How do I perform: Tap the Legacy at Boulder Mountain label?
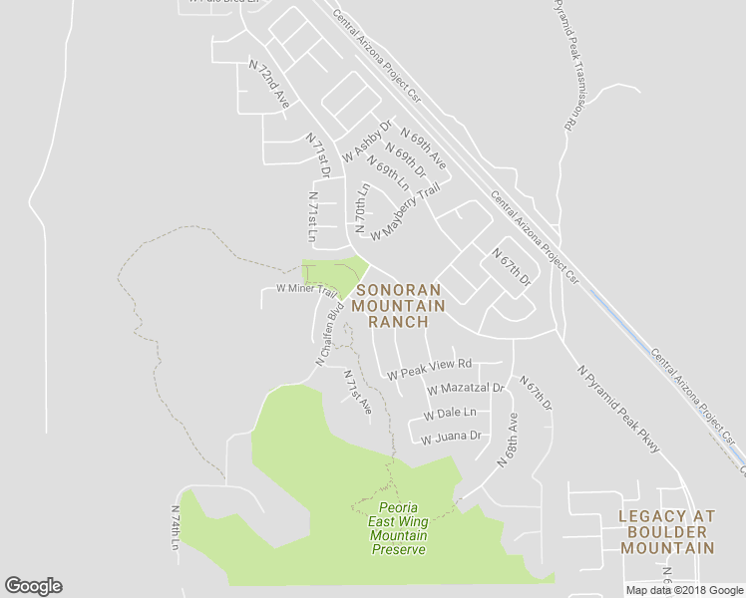666,531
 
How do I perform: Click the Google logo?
33,586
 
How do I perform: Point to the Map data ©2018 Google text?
684,590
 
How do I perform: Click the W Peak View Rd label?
430,369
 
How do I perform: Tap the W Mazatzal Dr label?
465,389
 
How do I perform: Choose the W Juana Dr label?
451,437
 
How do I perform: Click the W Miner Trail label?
300,290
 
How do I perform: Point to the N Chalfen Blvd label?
329,333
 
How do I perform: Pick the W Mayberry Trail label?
404,212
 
